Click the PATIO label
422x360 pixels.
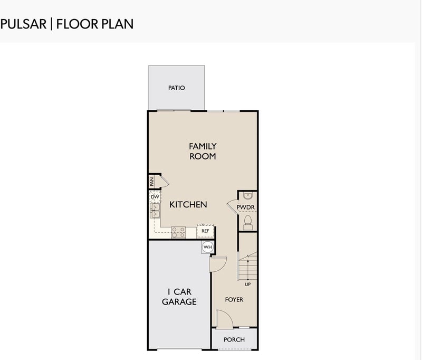pyautogui.click(x=176, y=88)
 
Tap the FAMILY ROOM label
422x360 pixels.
pyautogui.click(x=203, y=151)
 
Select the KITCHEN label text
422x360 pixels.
pyautogui.click(x=188, y=204)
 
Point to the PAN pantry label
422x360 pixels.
pyautogui.click(x=152, y=181)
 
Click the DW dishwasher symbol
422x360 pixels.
pyautogui.click(x=155, y=197)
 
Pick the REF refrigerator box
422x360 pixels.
pyautogui.click(x=205, y=231)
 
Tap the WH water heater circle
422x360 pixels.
pyautogui.click(x=207, y=247)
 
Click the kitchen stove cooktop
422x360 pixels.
pyautogui.click(x=178, y=232)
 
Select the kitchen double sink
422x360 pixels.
pyautogui.click(x=155, y=211)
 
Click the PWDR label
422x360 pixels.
pyautogui.click(x=245, y=207)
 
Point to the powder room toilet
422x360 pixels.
pyautogui.click(x=247, y=222)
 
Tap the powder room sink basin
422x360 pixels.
pyautogui.click(x=248, y=195)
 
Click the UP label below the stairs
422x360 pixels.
pyautogui.click(x=247, y=285)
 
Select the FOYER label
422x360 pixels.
pyautogui.click(x=234, y=299)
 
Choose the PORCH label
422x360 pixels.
pyautogui.click(x=234, y=339)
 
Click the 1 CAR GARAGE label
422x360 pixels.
pyautogui.click(x=179, y=297)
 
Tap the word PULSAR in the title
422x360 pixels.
pyautogui.click(x=23, y=24)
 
